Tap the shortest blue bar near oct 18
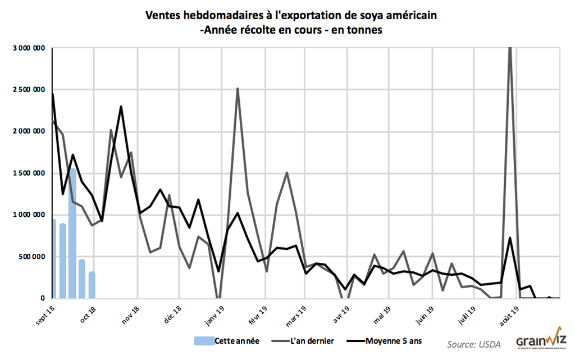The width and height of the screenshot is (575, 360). tap(92, 285)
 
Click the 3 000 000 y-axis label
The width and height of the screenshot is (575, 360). tap(29, 48)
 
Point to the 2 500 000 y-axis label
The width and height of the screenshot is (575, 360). tap(29, 90)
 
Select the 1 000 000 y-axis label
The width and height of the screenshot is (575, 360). tap(29, 215)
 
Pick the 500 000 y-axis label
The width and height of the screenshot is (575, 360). tap(31, 257)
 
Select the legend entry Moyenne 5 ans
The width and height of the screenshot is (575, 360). tap(393, 340)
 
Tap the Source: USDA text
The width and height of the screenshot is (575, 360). tap(474, 343)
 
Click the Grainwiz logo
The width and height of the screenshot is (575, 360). tap(541, 339)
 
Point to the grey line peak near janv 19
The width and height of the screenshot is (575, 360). tap(238, 88)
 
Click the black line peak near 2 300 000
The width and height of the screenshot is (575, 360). tap(121, 107)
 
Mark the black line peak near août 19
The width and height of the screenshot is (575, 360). tap(510, 238)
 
